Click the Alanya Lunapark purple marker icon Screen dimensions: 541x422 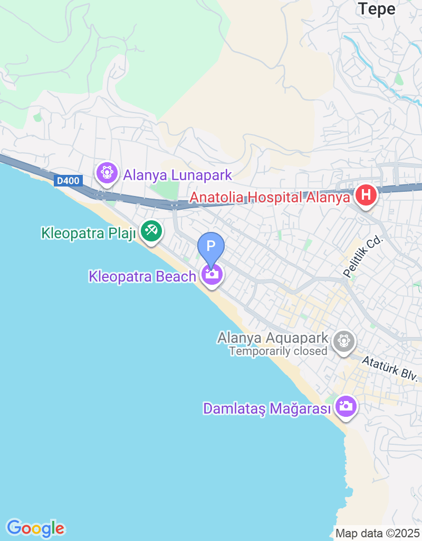point(107,173)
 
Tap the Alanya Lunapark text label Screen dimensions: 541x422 point(178,174)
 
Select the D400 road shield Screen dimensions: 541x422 point(68,181)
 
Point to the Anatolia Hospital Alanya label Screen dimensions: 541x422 point(270,198)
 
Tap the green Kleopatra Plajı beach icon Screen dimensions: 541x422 point(151,231)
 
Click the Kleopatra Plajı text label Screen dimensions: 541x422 point(89,232)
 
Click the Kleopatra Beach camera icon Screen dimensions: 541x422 point(212,274)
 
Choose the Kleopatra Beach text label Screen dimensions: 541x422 point(142,276)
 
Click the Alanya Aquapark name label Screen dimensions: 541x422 point(273,338)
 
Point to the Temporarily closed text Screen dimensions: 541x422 point(278,351)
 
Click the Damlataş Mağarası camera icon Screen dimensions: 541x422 point(346,406)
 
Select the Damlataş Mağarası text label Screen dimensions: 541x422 point(267,408)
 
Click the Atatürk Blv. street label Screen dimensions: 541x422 point(390,369)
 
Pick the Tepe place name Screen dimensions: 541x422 point(377,8)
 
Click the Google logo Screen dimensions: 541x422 point(35,528)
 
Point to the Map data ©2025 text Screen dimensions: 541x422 point(377,533)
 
